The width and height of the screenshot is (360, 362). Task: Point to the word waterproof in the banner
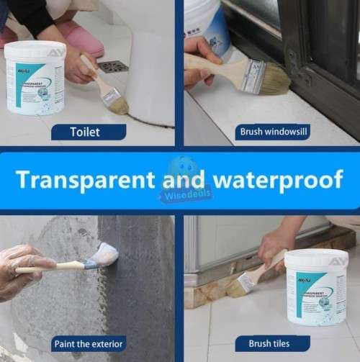(x=273, y=179)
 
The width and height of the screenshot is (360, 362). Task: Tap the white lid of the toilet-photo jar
(x=35, y=50)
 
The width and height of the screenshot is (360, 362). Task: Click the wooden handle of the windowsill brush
(x=216, y=64)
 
